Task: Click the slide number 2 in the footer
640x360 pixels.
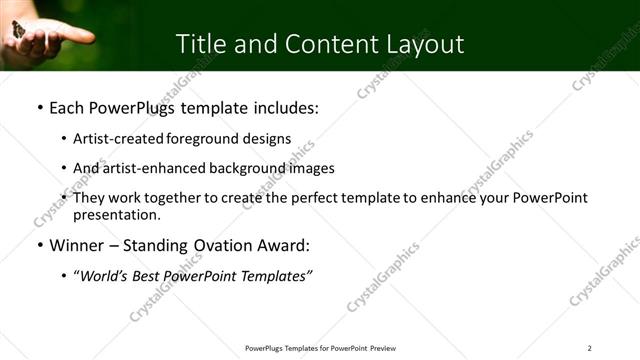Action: point(590,348)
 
